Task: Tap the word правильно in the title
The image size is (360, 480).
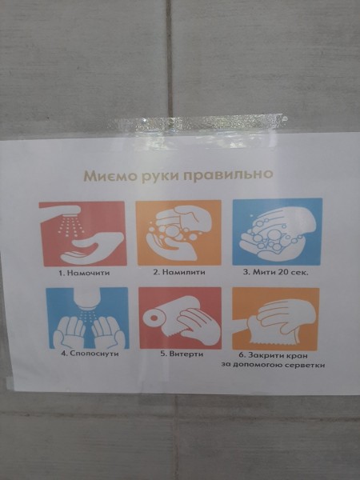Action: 228,175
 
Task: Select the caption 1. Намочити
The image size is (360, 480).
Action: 84,273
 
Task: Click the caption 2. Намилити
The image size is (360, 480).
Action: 179,272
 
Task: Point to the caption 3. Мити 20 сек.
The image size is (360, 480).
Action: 275,272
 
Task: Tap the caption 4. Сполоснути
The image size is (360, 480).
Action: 90,354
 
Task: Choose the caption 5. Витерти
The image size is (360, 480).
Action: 182,354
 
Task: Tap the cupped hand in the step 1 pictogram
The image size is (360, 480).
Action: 91,247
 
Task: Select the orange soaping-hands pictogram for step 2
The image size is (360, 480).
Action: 178,233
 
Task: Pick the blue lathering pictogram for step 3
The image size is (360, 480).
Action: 278,232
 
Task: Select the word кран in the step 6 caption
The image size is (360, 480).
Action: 296,356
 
